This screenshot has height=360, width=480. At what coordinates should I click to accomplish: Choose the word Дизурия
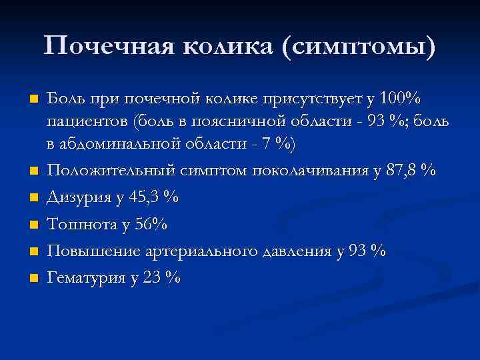tap(75, 198)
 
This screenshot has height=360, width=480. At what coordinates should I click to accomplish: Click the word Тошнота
tap(75, 225)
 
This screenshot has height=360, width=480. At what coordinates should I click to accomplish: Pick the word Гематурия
tap(81, 278)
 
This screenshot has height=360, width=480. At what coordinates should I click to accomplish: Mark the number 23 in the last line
tap(151, 278)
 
